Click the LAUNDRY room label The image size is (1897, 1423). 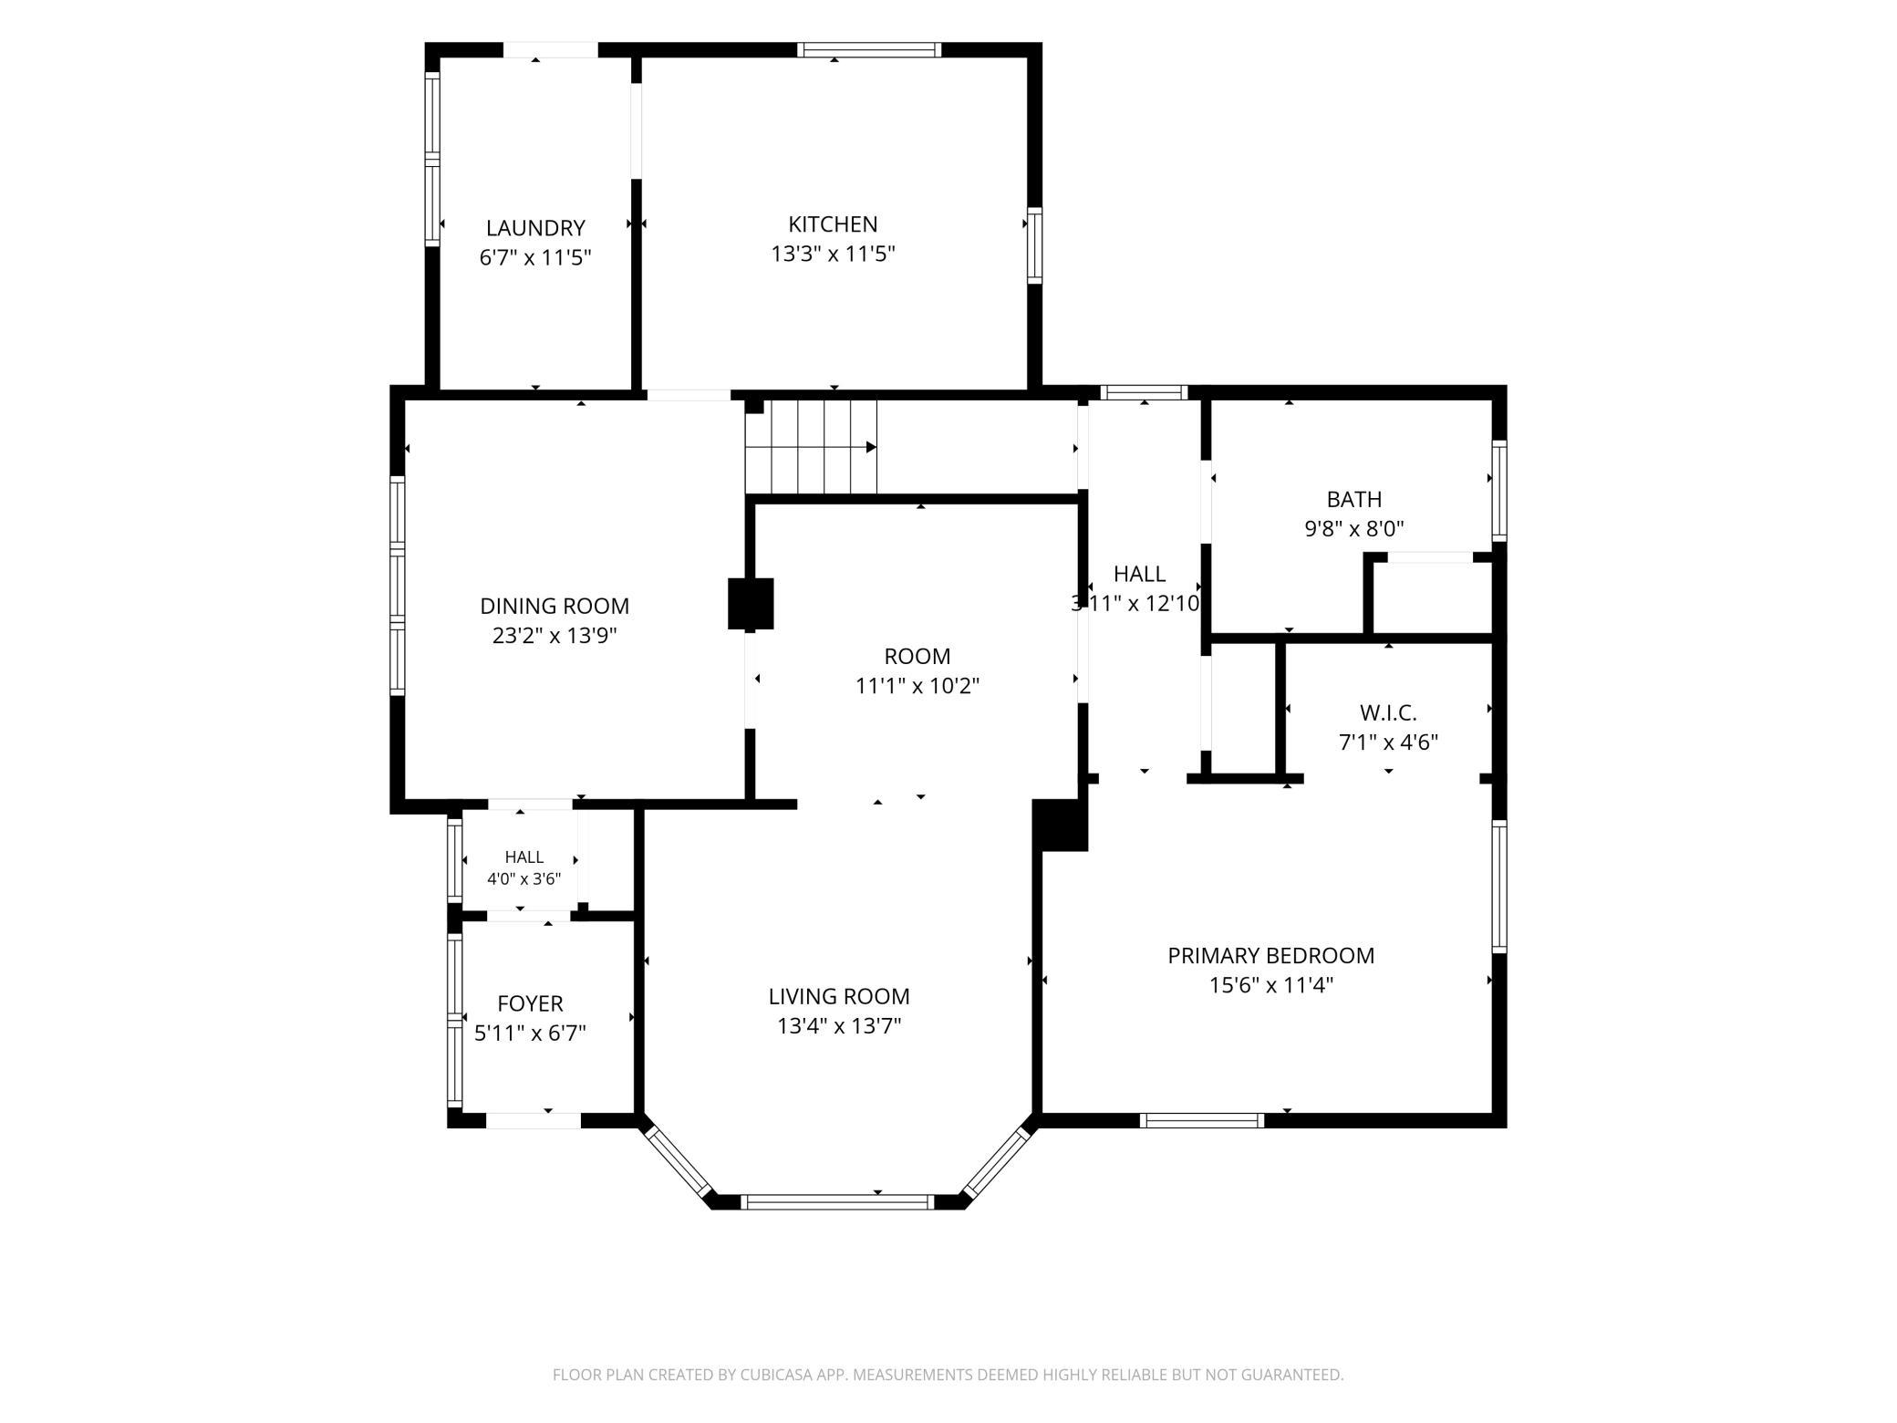(x=535, y=228)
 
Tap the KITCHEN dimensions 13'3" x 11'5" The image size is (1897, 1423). (x=833, y=254)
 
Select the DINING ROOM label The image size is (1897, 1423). (x=555, y=606)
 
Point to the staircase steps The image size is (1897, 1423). (x=811, y=447)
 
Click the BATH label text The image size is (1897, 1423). (x=1354, y=499)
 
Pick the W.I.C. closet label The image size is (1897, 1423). (x=1388, y=712)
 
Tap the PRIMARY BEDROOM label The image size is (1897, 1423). (x=1270, y=955)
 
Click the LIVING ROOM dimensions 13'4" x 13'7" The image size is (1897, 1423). (x=839, y=1026)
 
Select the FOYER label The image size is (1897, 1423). (x=530, y=1003)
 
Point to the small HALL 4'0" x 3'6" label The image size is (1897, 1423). (x=523, y=867)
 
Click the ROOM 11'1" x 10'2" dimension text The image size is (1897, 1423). (x=917, y=685)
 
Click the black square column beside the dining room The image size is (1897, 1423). (x=751, y=604)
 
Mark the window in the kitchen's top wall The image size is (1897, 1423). (x=869, y=50)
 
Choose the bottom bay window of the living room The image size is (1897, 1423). (x=838, y=1202)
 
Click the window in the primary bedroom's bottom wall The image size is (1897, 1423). (x=1202, y=1120)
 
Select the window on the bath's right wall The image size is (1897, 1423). (x=1498, y=491)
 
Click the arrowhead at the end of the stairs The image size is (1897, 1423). (x=871, y=447)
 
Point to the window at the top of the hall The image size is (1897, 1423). (x=1144, y=393)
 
